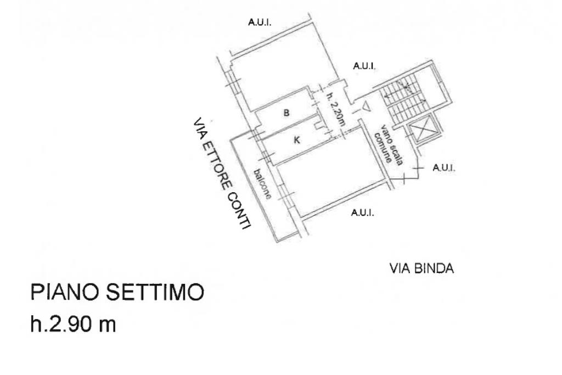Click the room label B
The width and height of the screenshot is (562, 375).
click(286, 114)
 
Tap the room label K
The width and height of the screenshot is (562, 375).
click(297, 141)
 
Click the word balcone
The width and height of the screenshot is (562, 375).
click(262, 183)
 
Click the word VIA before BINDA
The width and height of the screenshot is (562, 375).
click(400, 269)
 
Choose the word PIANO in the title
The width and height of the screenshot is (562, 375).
click(65, 293)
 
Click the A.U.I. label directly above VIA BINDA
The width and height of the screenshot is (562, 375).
click(362, 214)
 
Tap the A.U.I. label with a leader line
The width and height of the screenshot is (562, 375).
click(444, 167)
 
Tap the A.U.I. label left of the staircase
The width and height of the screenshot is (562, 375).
click(364, 66)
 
